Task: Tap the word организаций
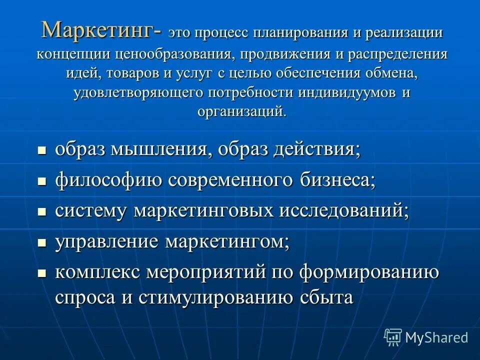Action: point(241,111)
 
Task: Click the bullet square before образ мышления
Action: point(42,150)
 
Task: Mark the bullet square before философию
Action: point(42,180)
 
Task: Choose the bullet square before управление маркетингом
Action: point(42,242)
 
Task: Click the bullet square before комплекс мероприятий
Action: point(42,273)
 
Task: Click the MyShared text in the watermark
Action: point(436,337)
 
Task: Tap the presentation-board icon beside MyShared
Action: point(393,337)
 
